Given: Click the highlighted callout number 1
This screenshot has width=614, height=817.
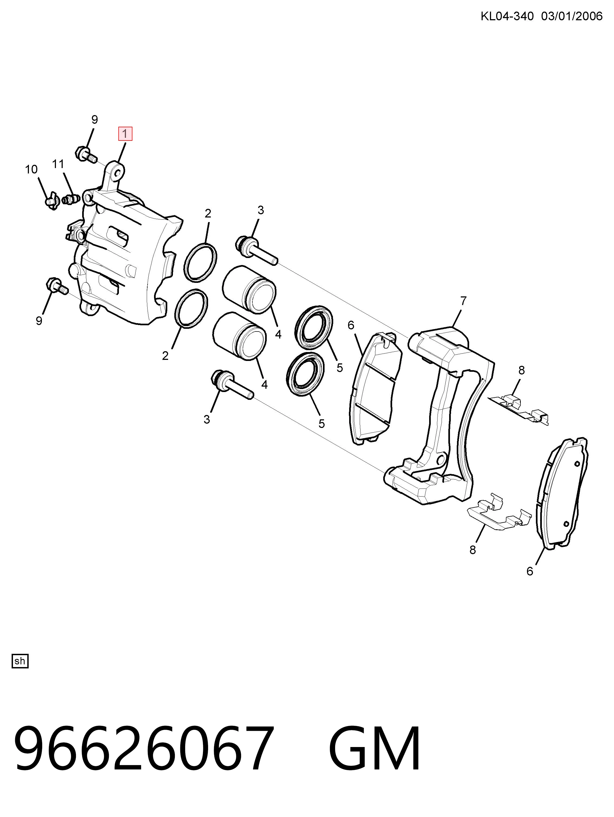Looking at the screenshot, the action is coord(125,134).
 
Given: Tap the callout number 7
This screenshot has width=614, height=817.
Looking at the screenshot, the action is coord(463,301).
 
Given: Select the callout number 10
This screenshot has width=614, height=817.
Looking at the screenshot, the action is coord(31,169).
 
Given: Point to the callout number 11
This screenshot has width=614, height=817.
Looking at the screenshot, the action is coord(58,164).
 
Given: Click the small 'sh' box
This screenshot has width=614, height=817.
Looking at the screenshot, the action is coord(20,661).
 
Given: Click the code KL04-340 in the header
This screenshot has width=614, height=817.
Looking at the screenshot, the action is coord(507,16).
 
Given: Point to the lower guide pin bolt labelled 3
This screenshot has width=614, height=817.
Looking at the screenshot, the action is coord(232,385).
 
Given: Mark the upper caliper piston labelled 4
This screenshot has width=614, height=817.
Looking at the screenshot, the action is coord(249,290).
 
